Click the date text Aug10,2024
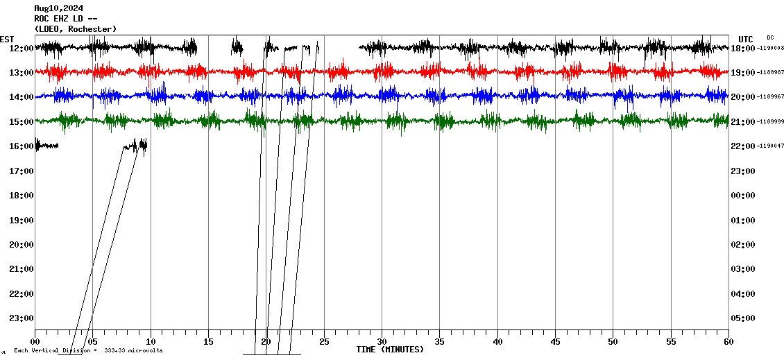[x=58, y=8]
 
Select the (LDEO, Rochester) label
[x=75, y=28]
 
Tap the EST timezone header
[x=7, y=39]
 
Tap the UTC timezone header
[x=746, y=39]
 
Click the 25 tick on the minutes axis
[x=324, y=341]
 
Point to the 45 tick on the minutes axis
[x=555, y=341]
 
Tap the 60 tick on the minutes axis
[x=728, y=341]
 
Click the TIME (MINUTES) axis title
[x=389, y=350]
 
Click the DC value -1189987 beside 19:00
[x=771, y=72]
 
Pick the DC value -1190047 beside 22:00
[x=771, y=146]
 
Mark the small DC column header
[x=770, y=37]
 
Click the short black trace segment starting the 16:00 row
[x=46, y=145]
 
